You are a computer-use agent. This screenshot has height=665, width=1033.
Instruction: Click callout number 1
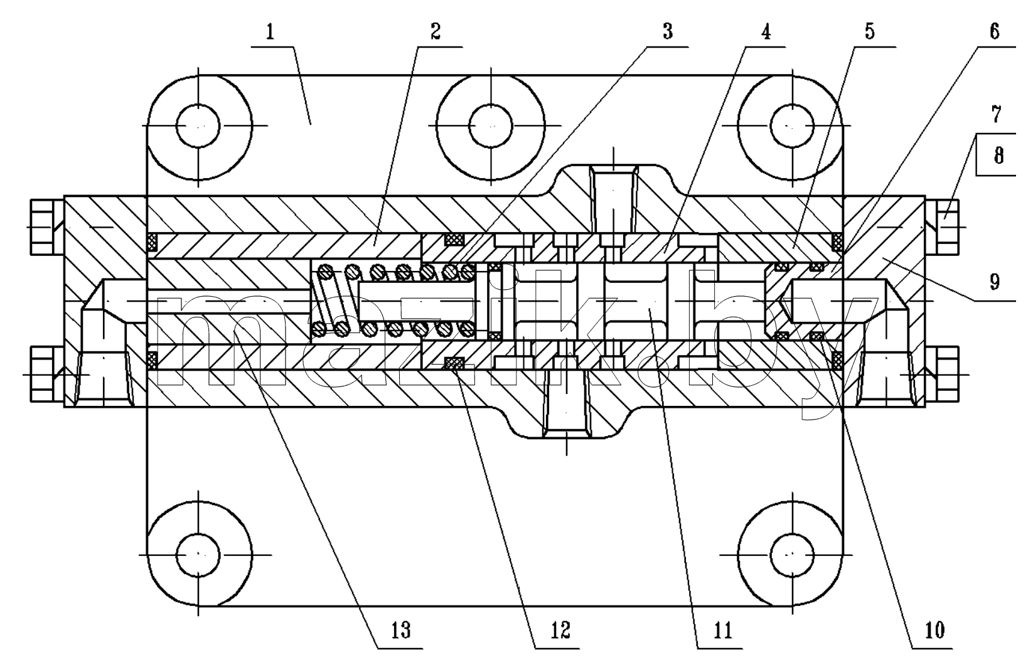pyautogui.click(x=270, y=33)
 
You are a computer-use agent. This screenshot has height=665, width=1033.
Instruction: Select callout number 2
pyautogui.click(x=436, y=32)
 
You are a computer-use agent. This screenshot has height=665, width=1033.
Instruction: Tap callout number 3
pyautogui.click(x=667, y=32)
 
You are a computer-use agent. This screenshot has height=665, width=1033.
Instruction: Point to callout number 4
pyautogui.click(x=766, y=32)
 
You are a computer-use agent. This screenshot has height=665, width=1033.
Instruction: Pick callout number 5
pyautogui.click(x=869, y=32)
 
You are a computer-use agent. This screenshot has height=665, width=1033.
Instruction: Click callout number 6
pyautogui.click(x=994, y=32)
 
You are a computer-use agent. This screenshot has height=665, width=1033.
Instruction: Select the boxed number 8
pyautogui.click(x=999, y=156)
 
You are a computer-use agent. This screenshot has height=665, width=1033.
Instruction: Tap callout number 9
pyautogui.click(x=994, y=282)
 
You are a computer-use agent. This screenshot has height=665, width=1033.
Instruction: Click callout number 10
pyautogui.click(x=934, y=630)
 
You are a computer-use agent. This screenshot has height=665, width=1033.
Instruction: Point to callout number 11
pyautogui.click(x=723, y=630)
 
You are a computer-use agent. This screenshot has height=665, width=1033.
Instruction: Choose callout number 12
pyautogui.click(x=560, y=630)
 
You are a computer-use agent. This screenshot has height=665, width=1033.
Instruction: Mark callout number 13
pyautogui.click(x=401, y=630)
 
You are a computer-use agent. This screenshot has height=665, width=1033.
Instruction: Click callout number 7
pyautogui.click(x=996, y=114)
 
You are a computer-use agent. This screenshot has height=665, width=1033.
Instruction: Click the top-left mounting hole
pyautogui.click(x=199, y=126)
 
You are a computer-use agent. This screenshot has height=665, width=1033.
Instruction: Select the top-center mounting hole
pyautogui.click(x=491, y=126)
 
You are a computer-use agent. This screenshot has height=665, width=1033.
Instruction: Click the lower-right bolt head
pyautogui.click(x=942, y=374)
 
